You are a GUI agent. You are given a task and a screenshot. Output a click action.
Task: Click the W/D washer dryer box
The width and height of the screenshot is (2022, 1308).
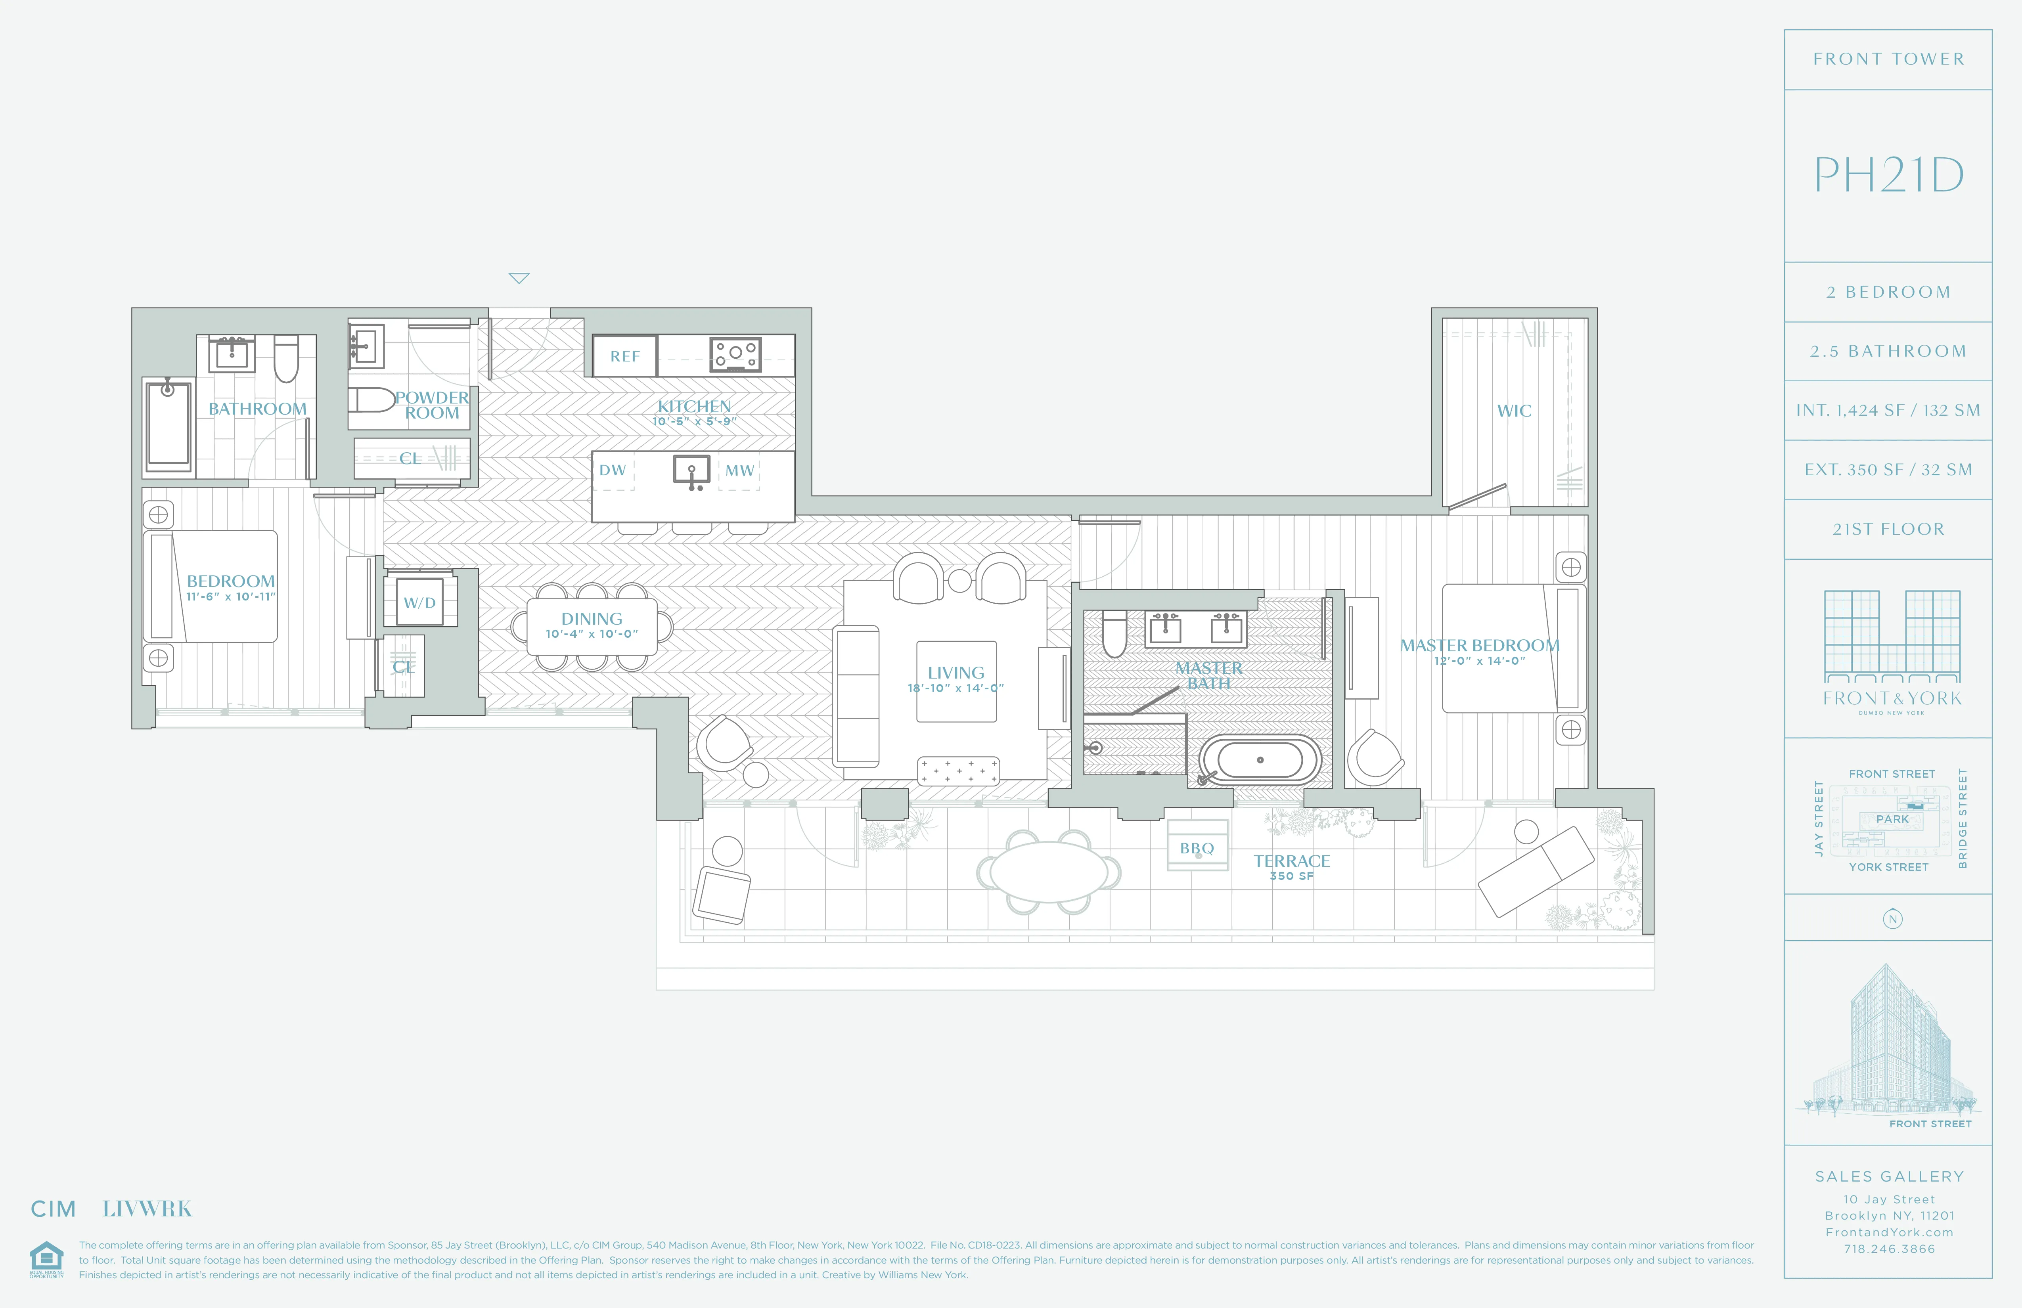(x=420, y=602)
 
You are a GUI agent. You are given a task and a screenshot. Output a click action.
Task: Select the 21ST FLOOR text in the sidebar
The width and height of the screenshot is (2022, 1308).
(x=1888, y=529)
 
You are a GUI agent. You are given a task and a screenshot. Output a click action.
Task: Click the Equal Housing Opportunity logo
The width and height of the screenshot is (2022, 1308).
(x=46, y=1259)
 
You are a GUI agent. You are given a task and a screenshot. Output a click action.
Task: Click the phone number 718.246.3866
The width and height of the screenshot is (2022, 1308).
(x=1889, y=1249)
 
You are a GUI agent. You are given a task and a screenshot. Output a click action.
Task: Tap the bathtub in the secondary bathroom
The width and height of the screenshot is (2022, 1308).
(x=168, y=427)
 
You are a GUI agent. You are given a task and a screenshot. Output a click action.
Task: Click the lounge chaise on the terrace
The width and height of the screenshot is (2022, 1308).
(x=1536, y=870)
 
